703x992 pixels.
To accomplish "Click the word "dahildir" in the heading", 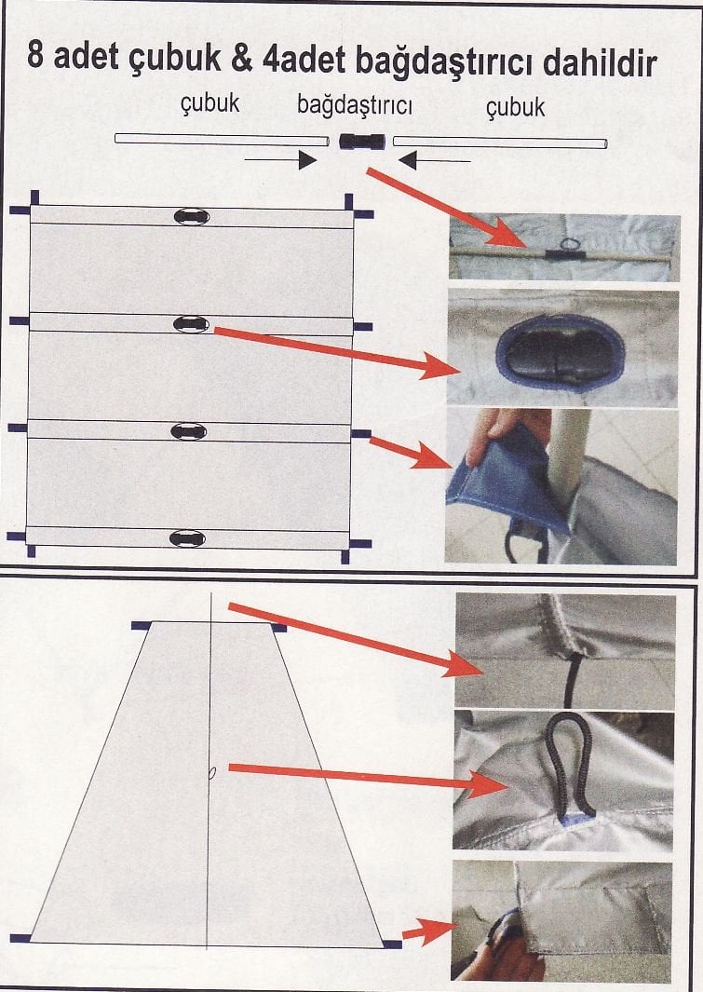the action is coord(600,64).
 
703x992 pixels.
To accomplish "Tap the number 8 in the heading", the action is coord(35,56).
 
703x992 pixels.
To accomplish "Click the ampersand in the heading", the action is coord(242,59).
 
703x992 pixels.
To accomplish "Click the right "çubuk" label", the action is coord(515,107).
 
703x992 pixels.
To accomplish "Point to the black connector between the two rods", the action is coord(361,142).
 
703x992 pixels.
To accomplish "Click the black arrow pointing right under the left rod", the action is coord(280,160).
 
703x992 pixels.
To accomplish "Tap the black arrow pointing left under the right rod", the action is coord(435,161).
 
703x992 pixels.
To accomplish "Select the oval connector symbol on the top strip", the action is coord(192,217).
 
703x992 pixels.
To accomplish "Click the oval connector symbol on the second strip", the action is coord(191,324).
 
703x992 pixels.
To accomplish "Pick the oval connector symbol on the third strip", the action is coord(189,431).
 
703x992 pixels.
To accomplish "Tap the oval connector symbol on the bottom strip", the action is coord(188,538).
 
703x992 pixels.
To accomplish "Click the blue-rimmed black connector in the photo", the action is coord(561,355).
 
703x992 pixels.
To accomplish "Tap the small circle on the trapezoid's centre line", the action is coord(212,772).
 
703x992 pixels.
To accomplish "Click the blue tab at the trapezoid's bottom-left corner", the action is coord(20,938).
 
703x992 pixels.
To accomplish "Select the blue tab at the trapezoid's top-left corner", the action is coord(141,626).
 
